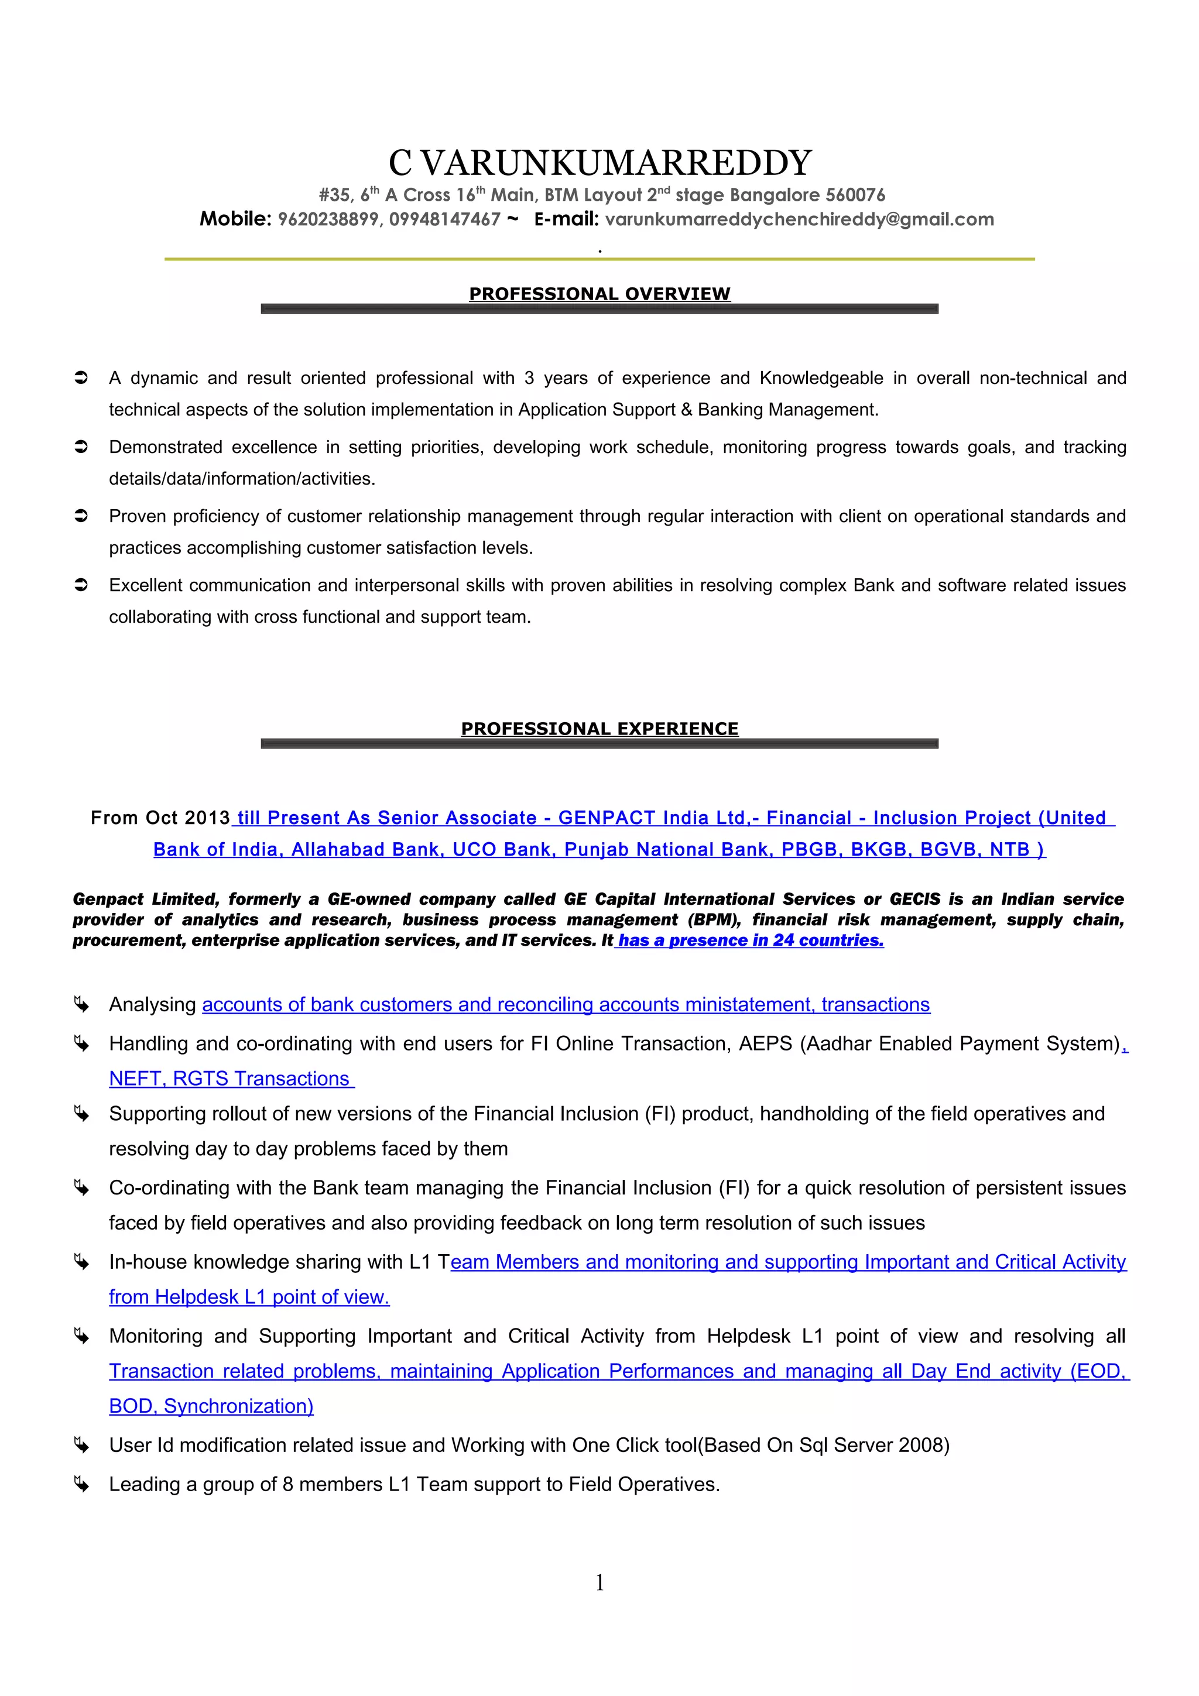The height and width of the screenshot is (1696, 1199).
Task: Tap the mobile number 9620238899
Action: (327, 219)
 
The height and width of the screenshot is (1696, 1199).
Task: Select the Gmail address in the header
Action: (799, 219)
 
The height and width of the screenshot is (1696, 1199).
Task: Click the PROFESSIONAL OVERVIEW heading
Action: (599, 294)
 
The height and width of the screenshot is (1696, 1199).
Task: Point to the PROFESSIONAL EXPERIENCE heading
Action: (599, 729)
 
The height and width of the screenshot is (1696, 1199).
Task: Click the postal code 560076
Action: (855, 195)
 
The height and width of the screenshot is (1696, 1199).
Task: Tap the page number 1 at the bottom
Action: (599, 1581)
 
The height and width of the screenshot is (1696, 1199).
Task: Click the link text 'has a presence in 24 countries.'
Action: (751, 940)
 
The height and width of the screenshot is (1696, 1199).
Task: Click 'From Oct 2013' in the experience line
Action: (160, 818)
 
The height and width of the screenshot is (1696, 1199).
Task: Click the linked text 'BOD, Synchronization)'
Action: (211, 1406)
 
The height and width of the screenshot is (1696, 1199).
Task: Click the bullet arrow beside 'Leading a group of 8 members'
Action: (81, 1485)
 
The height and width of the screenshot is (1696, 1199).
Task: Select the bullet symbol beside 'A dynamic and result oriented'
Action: (81, 378)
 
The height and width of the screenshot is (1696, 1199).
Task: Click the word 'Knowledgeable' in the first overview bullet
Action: (821, 378)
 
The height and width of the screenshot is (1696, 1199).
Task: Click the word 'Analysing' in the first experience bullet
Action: (152, 1005)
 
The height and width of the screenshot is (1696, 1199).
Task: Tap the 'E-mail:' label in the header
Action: (566, 219)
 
